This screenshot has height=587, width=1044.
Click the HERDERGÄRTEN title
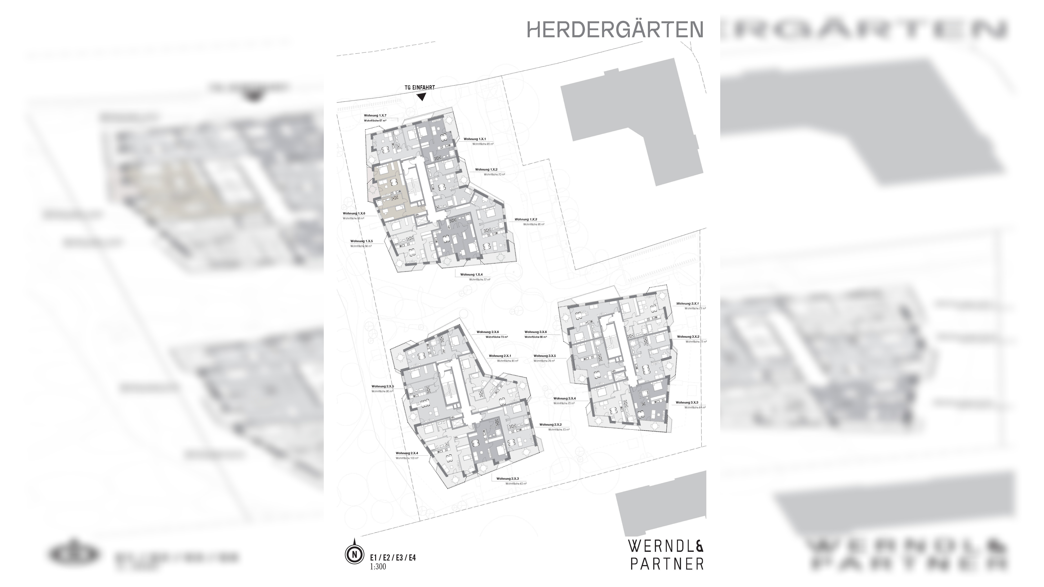615,30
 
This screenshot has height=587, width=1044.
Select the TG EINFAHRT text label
420,87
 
